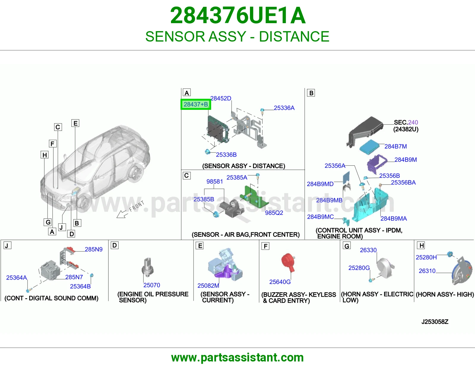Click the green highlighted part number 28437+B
pos(196,104)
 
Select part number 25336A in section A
pos(284,108)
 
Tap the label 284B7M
pos(395,146)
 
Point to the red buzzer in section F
pos(288,262)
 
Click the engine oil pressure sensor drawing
pos(148,266)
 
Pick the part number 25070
pos(151,285)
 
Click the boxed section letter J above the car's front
pos(61,228)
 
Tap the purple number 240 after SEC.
pos(413,122)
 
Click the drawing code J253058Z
pos(435,322)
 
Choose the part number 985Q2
pos(274,213)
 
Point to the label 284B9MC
pos(320,217)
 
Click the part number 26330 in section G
pos(368,250)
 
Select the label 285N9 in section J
pos(94,249)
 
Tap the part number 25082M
pos(208,285)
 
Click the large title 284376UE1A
pos(237,15)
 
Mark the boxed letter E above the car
pos(75,123)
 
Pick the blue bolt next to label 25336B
pos(208,151)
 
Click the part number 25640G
pos(280,282)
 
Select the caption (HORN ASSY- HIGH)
pos(445,294)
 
